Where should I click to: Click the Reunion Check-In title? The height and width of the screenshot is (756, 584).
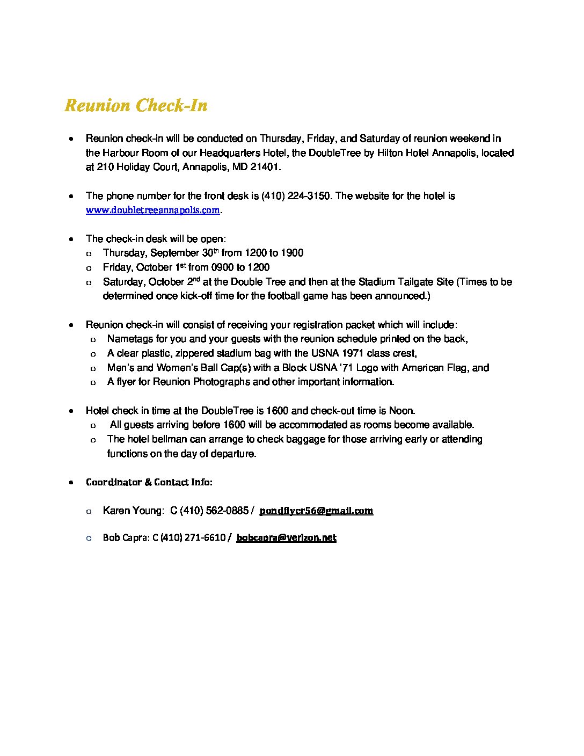pos(136,105)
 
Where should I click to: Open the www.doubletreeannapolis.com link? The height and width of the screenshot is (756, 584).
pos(153,210)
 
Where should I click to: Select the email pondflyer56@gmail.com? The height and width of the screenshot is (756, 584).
pos(316,511)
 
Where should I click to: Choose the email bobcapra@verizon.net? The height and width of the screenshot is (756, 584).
pos(286,537)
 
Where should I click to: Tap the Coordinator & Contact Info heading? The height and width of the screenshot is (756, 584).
pos(149,482)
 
